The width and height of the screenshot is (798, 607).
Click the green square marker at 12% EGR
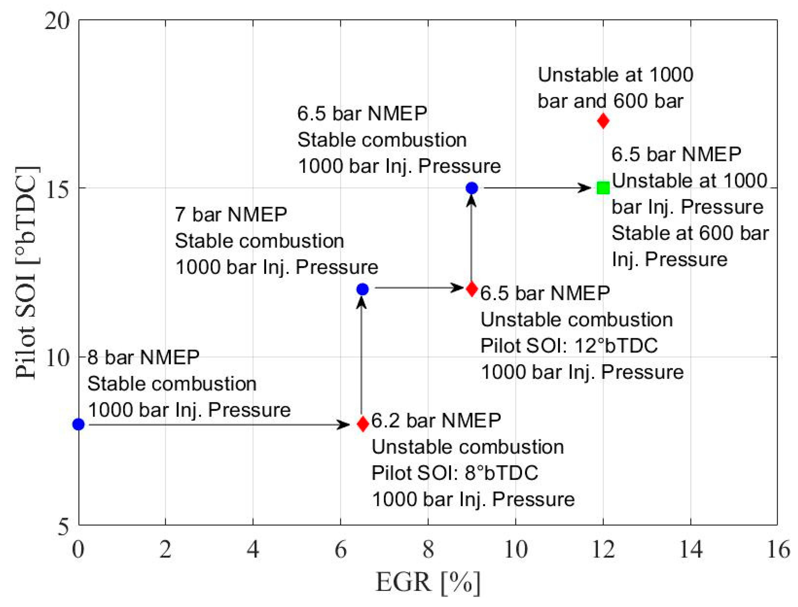point(603,188)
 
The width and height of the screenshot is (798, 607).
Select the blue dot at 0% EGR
point(79,424)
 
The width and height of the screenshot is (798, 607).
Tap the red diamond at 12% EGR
point(603,121)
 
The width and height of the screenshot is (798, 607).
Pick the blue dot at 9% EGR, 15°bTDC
point(472,188)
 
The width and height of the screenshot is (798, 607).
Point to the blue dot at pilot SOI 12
point(362,289)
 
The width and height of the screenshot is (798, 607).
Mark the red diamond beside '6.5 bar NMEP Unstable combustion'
point(472,289)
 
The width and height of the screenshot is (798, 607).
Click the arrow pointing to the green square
point(537,188)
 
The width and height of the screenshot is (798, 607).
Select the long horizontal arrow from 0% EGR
point(217,425)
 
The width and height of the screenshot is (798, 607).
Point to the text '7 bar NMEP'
point(231,215)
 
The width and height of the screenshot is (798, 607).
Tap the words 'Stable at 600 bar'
point(690,233)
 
